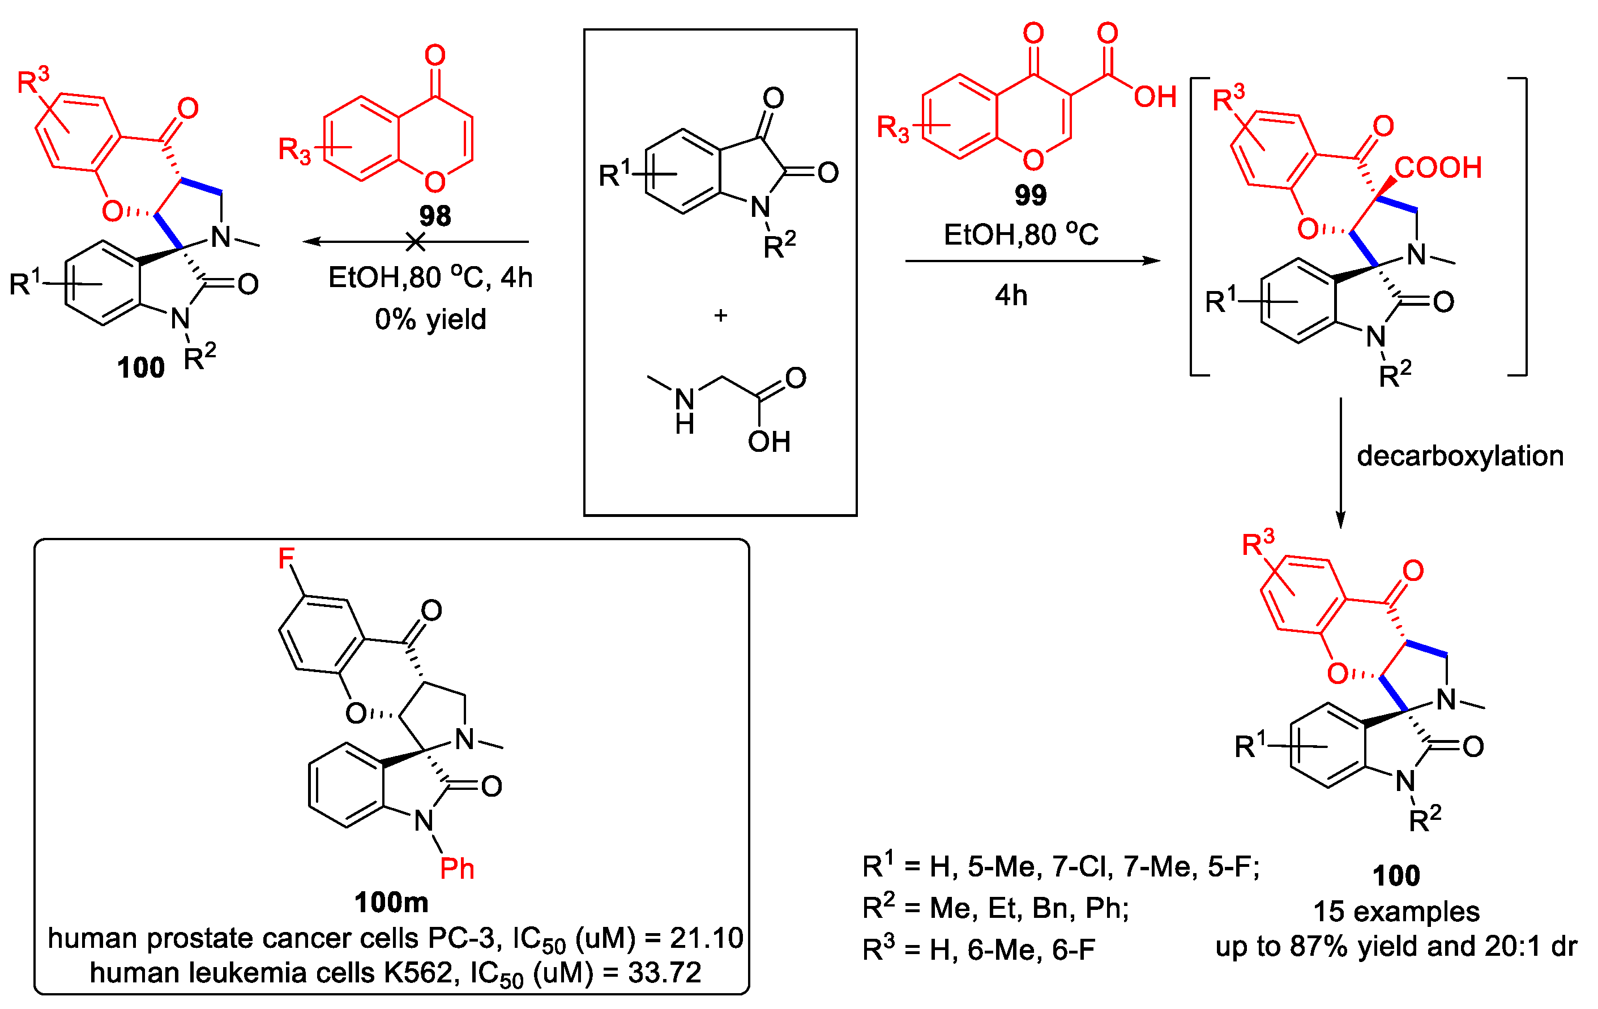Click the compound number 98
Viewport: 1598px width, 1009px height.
pyautogui.click(x=435, y=216)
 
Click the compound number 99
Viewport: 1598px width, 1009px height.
pyautogui.click(x=1030, y=195)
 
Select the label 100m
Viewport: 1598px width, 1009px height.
pyautogui.click(x=391, y=902)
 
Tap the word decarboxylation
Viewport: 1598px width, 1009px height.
pyautogui.click(x=1460, y=456)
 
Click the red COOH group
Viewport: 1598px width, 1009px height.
pyautogui.click(x=1437, y=168)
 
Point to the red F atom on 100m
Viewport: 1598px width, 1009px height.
pyautogui.click(x=286, y=558)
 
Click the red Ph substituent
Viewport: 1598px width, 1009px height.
pyautogui.click(x=457, y=869)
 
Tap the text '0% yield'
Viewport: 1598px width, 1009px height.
pyautogui.click(x=430, y=320)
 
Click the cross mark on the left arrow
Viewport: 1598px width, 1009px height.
pyautogui.click(x=416, y=242)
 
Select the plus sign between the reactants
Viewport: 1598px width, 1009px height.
pyautogui.click(x=721, y=316)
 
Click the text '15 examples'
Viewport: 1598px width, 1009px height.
pyautogui.click(x=1396, y=912)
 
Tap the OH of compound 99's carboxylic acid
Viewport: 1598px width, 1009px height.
pyautogui.click(x=1155, y=97)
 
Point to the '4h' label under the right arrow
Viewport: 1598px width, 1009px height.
pyautogui.click(x=1011, y=295)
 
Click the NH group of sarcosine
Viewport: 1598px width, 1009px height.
pyautogui.click(x=685, y=411)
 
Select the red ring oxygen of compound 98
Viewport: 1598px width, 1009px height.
pyautogui.click(x=435, y=181)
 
